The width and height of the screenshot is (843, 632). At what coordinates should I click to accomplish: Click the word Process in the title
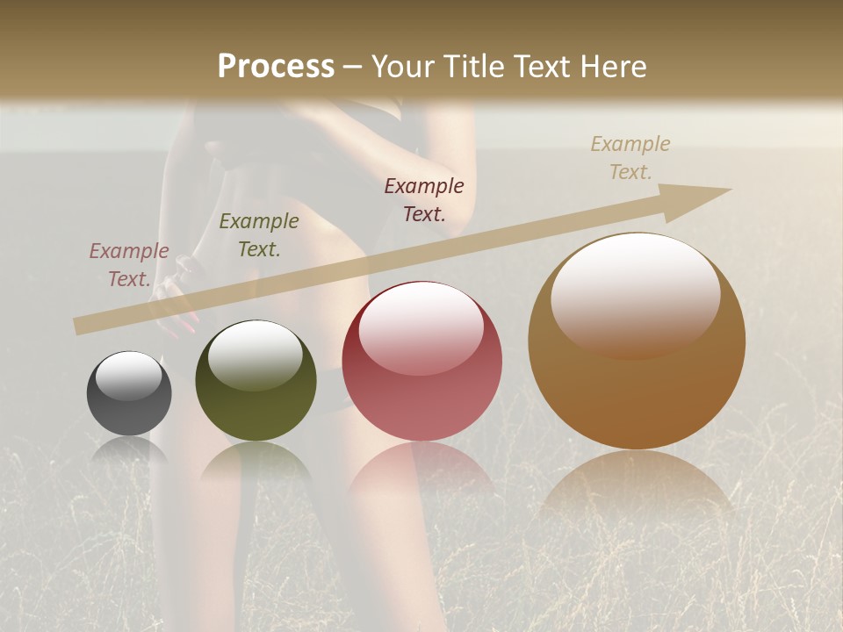(276, 67)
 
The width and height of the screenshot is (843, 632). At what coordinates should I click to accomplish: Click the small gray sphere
(129, 393)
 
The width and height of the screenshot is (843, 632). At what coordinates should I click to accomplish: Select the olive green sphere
(256, 381)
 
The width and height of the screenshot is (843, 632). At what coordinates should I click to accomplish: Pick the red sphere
(422, 362)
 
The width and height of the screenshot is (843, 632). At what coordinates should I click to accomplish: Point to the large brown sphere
(637, 341)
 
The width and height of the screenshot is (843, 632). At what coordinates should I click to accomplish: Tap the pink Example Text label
(129, 265)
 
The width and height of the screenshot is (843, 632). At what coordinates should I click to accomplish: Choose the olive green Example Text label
(259, 235)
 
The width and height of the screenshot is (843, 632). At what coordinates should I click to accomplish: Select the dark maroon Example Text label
(424, 199)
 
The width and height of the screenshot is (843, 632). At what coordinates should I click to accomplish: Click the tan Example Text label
(630, 157)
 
